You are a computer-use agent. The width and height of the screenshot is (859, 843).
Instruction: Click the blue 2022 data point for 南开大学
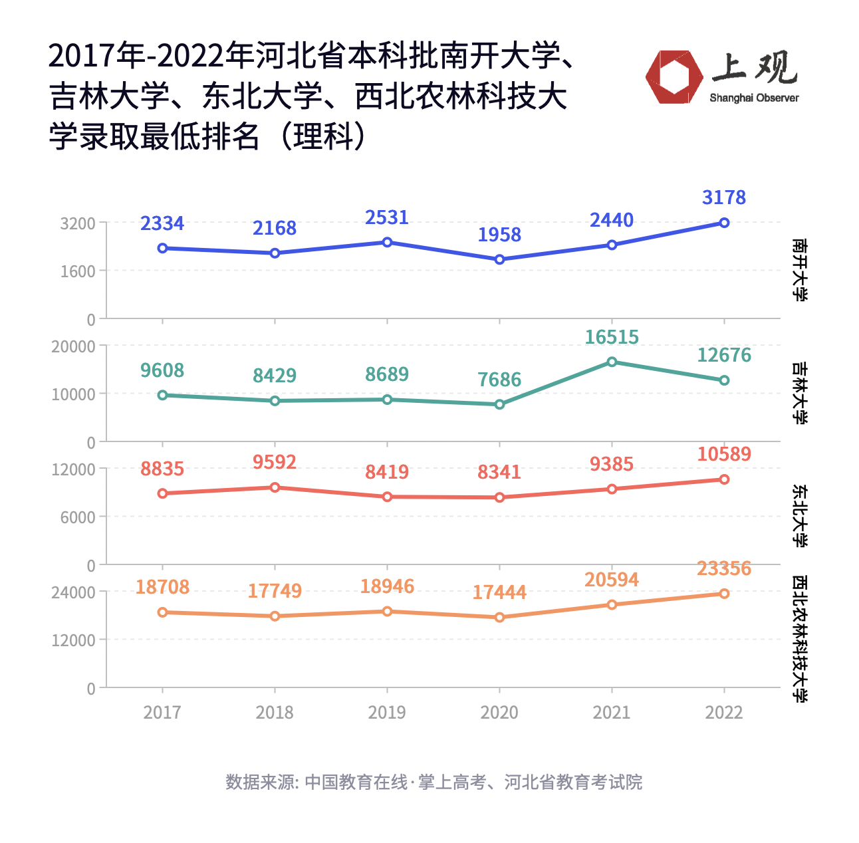pos(724,223)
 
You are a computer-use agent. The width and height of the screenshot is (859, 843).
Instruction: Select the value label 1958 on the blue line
pos(499,235)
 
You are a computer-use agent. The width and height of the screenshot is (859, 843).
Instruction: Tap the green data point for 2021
pos(612,362)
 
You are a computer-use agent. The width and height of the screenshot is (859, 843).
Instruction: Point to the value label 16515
pos(612,337)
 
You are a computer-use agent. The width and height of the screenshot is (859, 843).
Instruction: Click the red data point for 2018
pos(275,487)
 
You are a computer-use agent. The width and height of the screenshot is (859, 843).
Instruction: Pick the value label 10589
pos(724,454)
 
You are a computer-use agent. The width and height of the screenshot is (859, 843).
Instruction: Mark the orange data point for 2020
pos(499,617)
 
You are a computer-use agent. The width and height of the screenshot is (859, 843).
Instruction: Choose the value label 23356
pos(724,568)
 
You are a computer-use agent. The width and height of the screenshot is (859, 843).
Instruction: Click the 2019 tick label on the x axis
pos(387,712)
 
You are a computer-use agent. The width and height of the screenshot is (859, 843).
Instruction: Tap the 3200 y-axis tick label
pos(78,223)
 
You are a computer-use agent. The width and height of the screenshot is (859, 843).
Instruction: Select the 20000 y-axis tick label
pos(74,346)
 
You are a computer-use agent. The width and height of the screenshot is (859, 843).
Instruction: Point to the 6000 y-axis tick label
pos(78,517)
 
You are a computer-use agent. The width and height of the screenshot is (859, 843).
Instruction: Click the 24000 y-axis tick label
pos(74,592)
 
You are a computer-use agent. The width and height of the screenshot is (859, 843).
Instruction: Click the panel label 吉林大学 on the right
pos(800,393)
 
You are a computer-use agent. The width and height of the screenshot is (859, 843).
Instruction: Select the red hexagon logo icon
pos(674,77)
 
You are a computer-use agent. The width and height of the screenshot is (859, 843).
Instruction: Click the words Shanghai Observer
pos(754,98)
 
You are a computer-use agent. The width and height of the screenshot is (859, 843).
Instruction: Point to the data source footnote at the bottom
pos(433,782)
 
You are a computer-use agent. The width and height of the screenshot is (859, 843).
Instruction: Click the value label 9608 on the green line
pos(162,370)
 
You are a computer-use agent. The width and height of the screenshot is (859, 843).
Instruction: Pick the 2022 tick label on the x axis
pos(724,712)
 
